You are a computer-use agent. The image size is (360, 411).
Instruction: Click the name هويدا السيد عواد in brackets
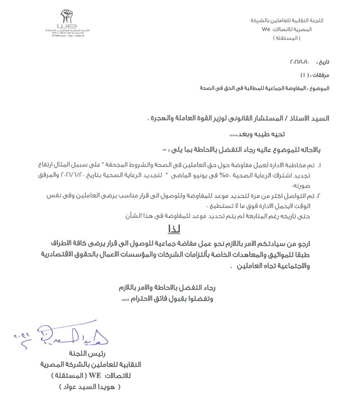(90, 387)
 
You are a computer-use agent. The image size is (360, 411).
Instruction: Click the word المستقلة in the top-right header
(286, 37)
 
